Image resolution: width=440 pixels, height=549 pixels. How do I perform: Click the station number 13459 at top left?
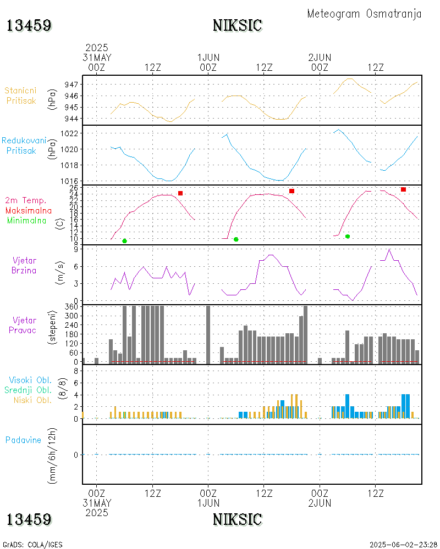(x=29, y=25)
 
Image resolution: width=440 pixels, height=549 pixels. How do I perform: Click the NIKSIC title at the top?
(x=237, y=25)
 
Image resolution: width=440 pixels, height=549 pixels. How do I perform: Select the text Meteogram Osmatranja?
(x=364, y=14)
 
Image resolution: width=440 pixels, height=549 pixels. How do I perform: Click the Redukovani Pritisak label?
(x=24, y=145)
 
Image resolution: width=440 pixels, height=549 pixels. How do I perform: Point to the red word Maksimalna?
(x=29, y=210)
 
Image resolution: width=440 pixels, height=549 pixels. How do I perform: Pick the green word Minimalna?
(x=29, y=220)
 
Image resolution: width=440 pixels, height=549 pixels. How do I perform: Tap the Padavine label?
(x=23, y=440)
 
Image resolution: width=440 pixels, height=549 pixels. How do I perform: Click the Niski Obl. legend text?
(x=32, y=400)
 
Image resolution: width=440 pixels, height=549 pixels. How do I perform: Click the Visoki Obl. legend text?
(x=30, y=380)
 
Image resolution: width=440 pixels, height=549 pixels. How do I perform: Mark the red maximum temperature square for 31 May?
(x=180, y=193)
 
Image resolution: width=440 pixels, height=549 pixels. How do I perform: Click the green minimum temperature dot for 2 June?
(x=348, y=236)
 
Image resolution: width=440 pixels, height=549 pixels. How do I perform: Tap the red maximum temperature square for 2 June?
(x=403, y=189)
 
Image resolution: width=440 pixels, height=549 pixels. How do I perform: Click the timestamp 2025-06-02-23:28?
(x=403, y=545)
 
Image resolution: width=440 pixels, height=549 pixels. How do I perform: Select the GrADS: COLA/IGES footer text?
(x=32, y=545)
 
